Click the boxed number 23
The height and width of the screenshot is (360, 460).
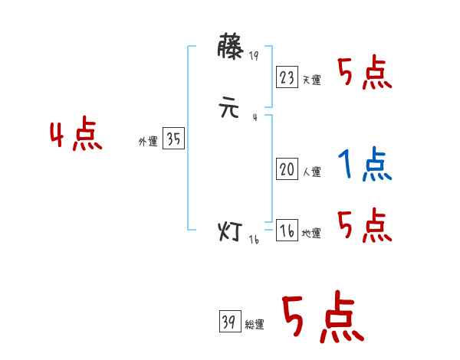click(x=287, y=77)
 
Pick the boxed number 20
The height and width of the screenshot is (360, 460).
click(x=287, y=170)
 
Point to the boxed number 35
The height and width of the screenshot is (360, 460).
click(x=173, y=139)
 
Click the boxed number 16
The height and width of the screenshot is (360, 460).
click(x=287, y=231)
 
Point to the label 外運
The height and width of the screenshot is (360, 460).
click(x=148, y=142)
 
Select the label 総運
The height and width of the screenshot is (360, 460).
click(x=255, y=325)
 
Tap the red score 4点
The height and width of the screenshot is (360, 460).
click(x=76, y=136)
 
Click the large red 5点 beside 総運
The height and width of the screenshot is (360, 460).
click(x=322, y=319)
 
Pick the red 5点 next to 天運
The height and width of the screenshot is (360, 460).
click(x=364, y=74)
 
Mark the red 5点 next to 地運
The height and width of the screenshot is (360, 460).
click(x=364, y=227)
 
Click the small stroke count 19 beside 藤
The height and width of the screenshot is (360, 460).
click(x=255, y=55)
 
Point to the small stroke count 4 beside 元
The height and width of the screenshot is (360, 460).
click(x=254, y=116)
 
